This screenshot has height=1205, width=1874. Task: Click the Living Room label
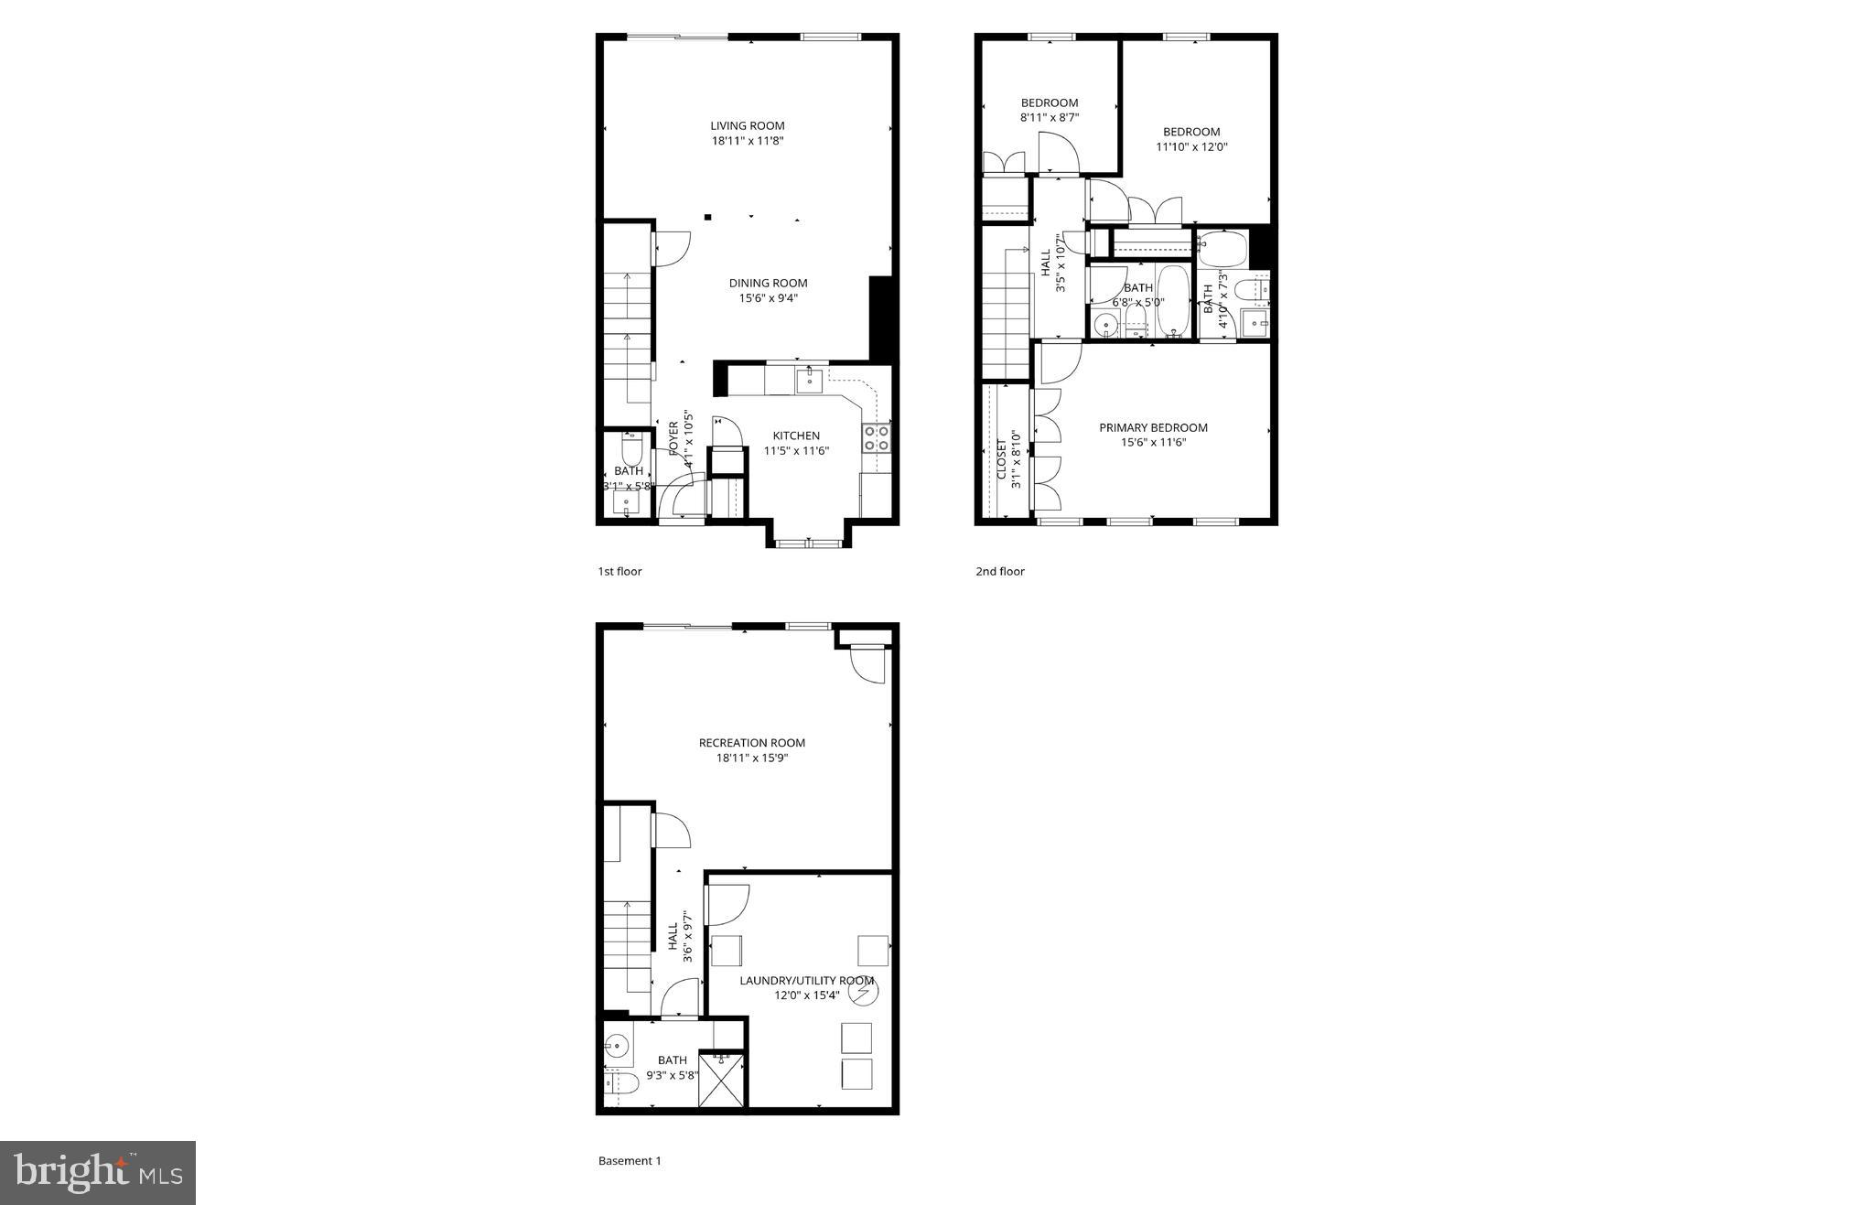pos(748,126)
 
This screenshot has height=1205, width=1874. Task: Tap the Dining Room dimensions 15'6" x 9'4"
pos(768,298)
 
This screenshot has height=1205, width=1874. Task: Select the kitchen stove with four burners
pos(877,437)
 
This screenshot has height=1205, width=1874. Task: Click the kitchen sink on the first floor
pos(809,381)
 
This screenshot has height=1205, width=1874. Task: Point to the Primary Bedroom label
pos(1153,427)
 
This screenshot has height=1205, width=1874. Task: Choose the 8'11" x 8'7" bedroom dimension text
pos(1050,118)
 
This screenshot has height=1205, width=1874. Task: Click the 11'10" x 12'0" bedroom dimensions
pos(1191,146)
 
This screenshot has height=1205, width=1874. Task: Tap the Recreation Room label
pos(751,743)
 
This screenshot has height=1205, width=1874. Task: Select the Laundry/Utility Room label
pos(806,981)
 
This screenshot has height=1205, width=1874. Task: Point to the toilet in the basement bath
pos(621,1084)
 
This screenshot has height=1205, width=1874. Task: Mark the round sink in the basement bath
pos(618,1044)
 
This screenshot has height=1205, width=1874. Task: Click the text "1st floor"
pos(619,572)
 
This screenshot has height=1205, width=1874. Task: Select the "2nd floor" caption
pos(999,572)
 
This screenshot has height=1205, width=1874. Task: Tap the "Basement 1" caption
pos(629,1161)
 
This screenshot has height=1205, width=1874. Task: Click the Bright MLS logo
pos(98,1172)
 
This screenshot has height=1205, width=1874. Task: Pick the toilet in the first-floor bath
pos(632,450)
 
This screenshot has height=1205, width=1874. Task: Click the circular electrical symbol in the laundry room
pos(862,991)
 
